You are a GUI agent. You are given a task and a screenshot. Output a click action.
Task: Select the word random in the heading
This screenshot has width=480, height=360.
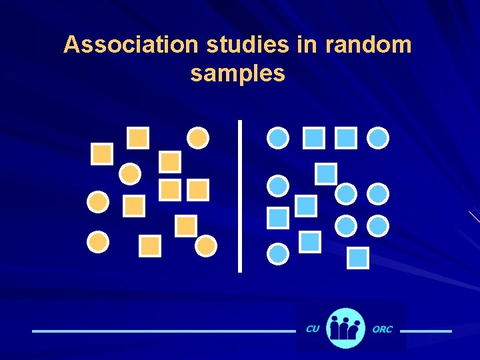tap(368, 45)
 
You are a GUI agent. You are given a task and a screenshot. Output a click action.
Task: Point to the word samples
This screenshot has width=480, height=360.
tap(237, 73)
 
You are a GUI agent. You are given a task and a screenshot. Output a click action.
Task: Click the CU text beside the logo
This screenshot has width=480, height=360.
tap(312, 329)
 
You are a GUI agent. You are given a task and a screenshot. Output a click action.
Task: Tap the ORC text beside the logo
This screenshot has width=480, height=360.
tap(383, 329)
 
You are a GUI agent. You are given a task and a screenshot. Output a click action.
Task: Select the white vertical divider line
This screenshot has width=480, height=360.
tap(239, 196)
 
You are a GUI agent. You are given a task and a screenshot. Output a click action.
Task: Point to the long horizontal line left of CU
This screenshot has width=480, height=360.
tap(163, 331)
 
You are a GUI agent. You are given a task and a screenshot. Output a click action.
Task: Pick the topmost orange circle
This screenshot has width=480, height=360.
tap(198, 138)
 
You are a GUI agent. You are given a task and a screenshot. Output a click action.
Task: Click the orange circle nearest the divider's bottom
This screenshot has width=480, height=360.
tap(206, 247)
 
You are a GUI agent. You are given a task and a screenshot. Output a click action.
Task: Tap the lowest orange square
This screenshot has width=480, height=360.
tap(151, 246)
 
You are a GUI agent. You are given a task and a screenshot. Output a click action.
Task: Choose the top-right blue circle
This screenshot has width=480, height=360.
tap(378, 138)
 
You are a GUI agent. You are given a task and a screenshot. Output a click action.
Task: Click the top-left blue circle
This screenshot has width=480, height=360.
tap(278, 138)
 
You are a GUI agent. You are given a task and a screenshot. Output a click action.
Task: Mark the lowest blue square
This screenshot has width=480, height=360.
tap(358, 257)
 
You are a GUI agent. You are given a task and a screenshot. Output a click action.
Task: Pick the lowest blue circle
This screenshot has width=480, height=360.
tap(278, 253)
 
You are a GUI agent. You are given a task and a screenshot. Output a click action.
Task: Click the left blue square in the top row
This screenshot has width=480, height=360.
tap(314, 138)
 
